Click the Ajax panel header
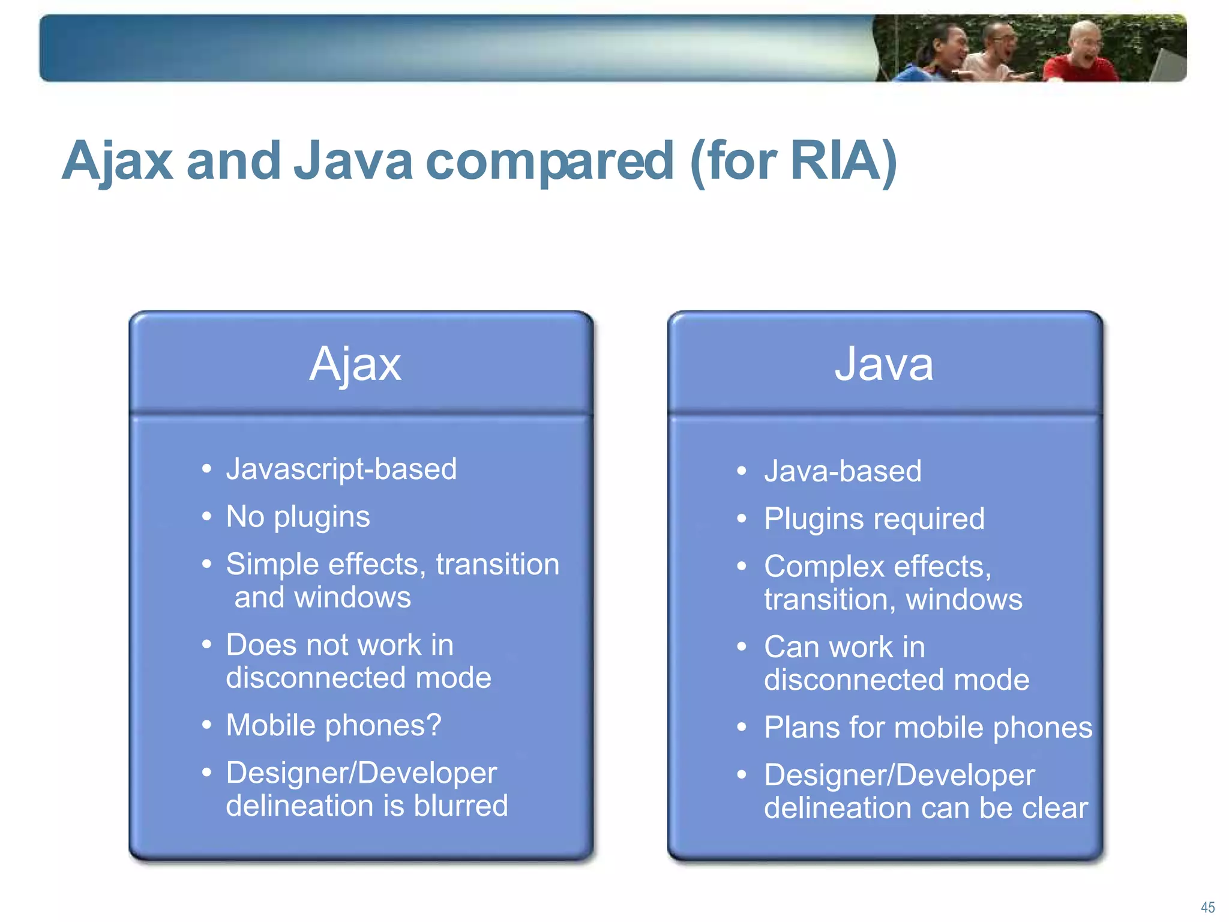tap(355, 364)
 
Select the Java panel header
tap(884, 364)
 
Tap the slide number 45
tap(1207, 907)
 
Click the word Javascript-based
tap(341, 469)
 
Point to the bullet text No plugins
tap(298, 517)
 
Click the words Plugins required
tap(874, 519)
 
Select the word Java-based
tap(843, 471)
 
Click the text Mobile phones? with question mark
tap(334, 725)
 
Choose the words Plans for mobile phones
tap(928, 728)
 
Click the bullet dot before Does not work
tap(207, 645)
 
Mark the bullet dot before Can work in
tap(742, 646)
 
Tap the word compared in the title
tap(549, 161)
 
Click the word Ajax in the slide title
tap(118, 161)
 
